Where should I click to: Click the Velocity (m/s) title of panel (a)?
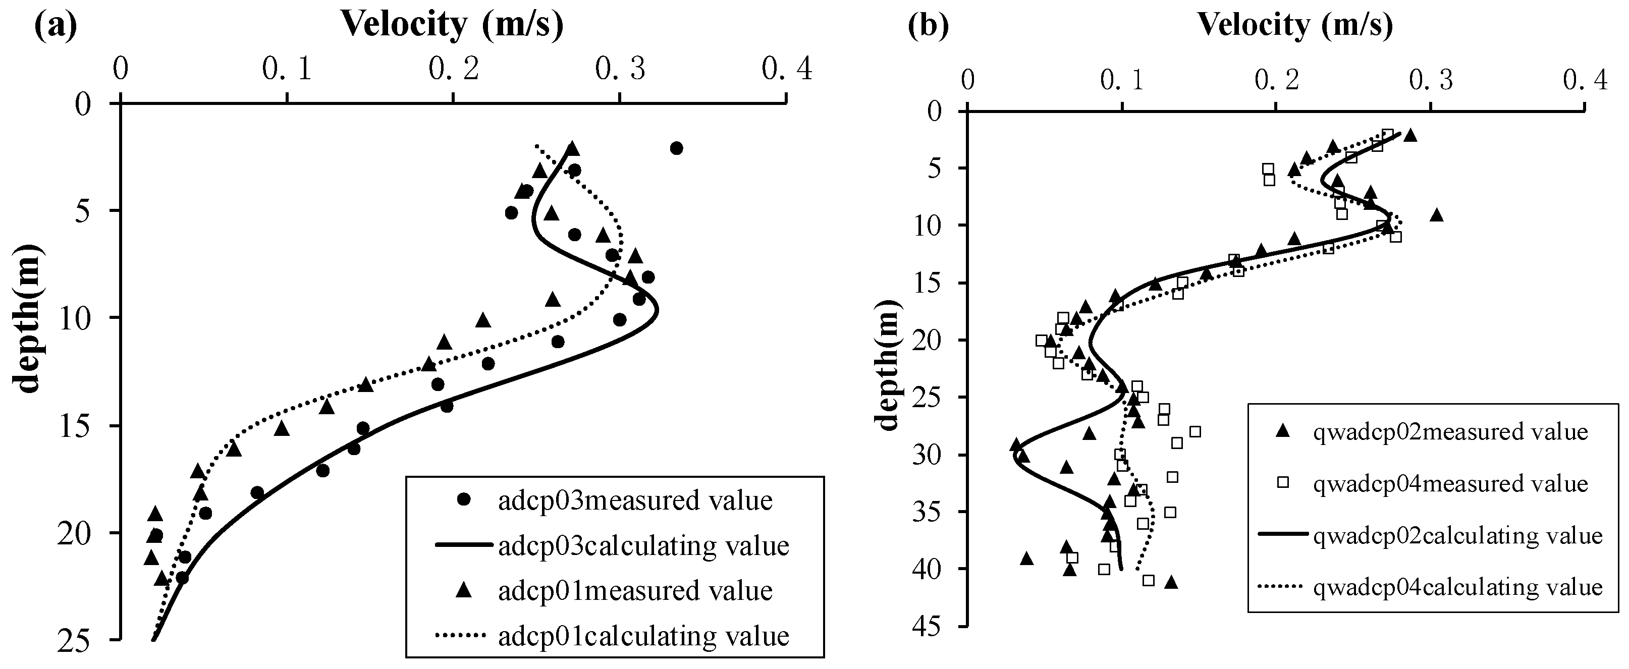(452, 25)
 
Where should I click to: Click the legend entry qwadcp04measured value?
(1450, 484)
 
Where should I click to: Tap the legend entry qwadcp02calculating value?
(1457, 536)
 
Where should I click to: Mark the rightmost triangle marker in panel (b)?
(1437, 215)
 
